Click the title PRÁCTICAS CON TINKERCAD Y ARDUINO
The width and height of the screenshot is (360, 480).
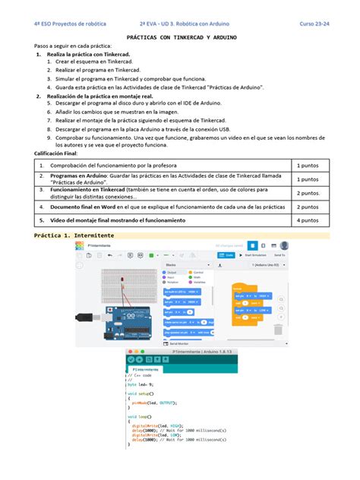[180, 36]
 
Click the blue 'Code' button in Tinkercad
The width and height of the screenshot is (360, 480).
[226, 255]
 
